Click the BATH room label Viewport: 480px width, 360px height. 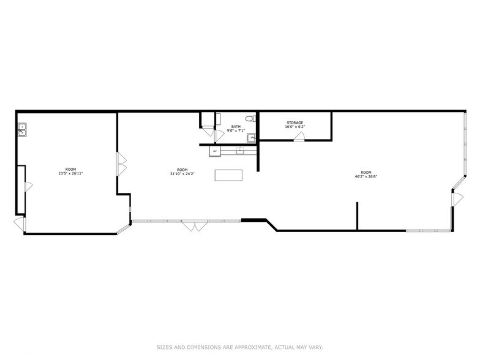(x=236, y=126)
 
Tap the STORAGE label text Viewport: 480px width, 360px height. (x=294, y=123)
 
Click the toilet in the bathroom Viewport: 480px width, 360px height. (x=249, y=118)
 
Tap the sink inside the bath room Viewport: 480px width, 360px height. (x=250, y=137)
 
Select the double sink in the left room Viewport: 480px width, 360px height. (x=21, y=130)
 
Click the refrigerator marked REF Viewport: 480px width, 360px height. (x=214, y=151)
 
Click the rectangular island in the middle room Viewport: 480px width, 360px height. (x=229, y=175)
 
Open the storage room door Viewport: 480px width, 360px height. (x=298, y=137)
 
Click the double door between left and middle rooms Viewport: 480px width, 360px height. (x=122, y=162)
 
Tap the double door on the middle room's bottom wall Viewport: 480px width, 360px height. (x=194, y=225)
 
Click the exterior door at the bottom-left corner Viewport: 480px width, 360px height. (x=20, y=225)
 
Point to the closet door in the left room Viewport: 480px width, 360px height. (x=27, y=188)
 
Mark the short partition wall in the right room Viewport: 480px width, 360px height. (x=357, y=216)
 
